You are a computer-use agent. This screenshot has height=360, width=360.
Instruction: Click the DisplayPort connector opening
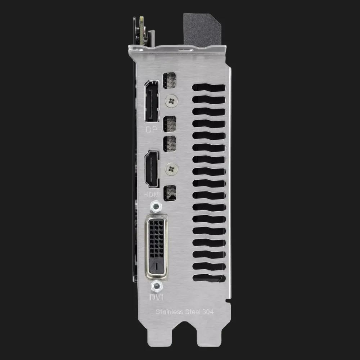pyautogui.click(x=152, y=101)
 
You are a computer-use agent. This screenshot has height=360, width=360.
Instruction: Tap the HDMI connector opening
pyautogui.click(x=152, y=169)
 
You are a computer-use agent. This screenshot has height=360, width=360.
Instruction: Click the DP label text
pyautogui.click(x=152, y=129)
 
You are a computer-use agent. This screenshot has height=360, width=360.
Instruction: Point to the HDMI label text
pyautogui.click(x=152, y=194)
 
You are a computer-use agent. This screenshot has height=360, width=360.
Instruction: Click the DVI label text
pyautogui.click(x=156, y=297)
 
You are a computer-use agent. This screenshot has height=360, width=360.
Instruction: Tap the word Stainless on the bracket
pyautogui.click(x=170, y=311)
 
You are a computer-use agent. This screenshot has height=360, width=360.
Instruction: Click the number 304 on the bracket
pyautogui.click(x=208, y=311)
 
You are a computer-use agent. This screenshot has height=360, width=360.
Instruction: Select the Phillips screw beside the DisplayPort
pyautogui.click(x=171, y=100)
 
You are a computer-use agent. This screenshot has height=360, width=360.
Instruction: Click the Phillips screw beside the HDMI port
pyautogui.click(x=171, y=169)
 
